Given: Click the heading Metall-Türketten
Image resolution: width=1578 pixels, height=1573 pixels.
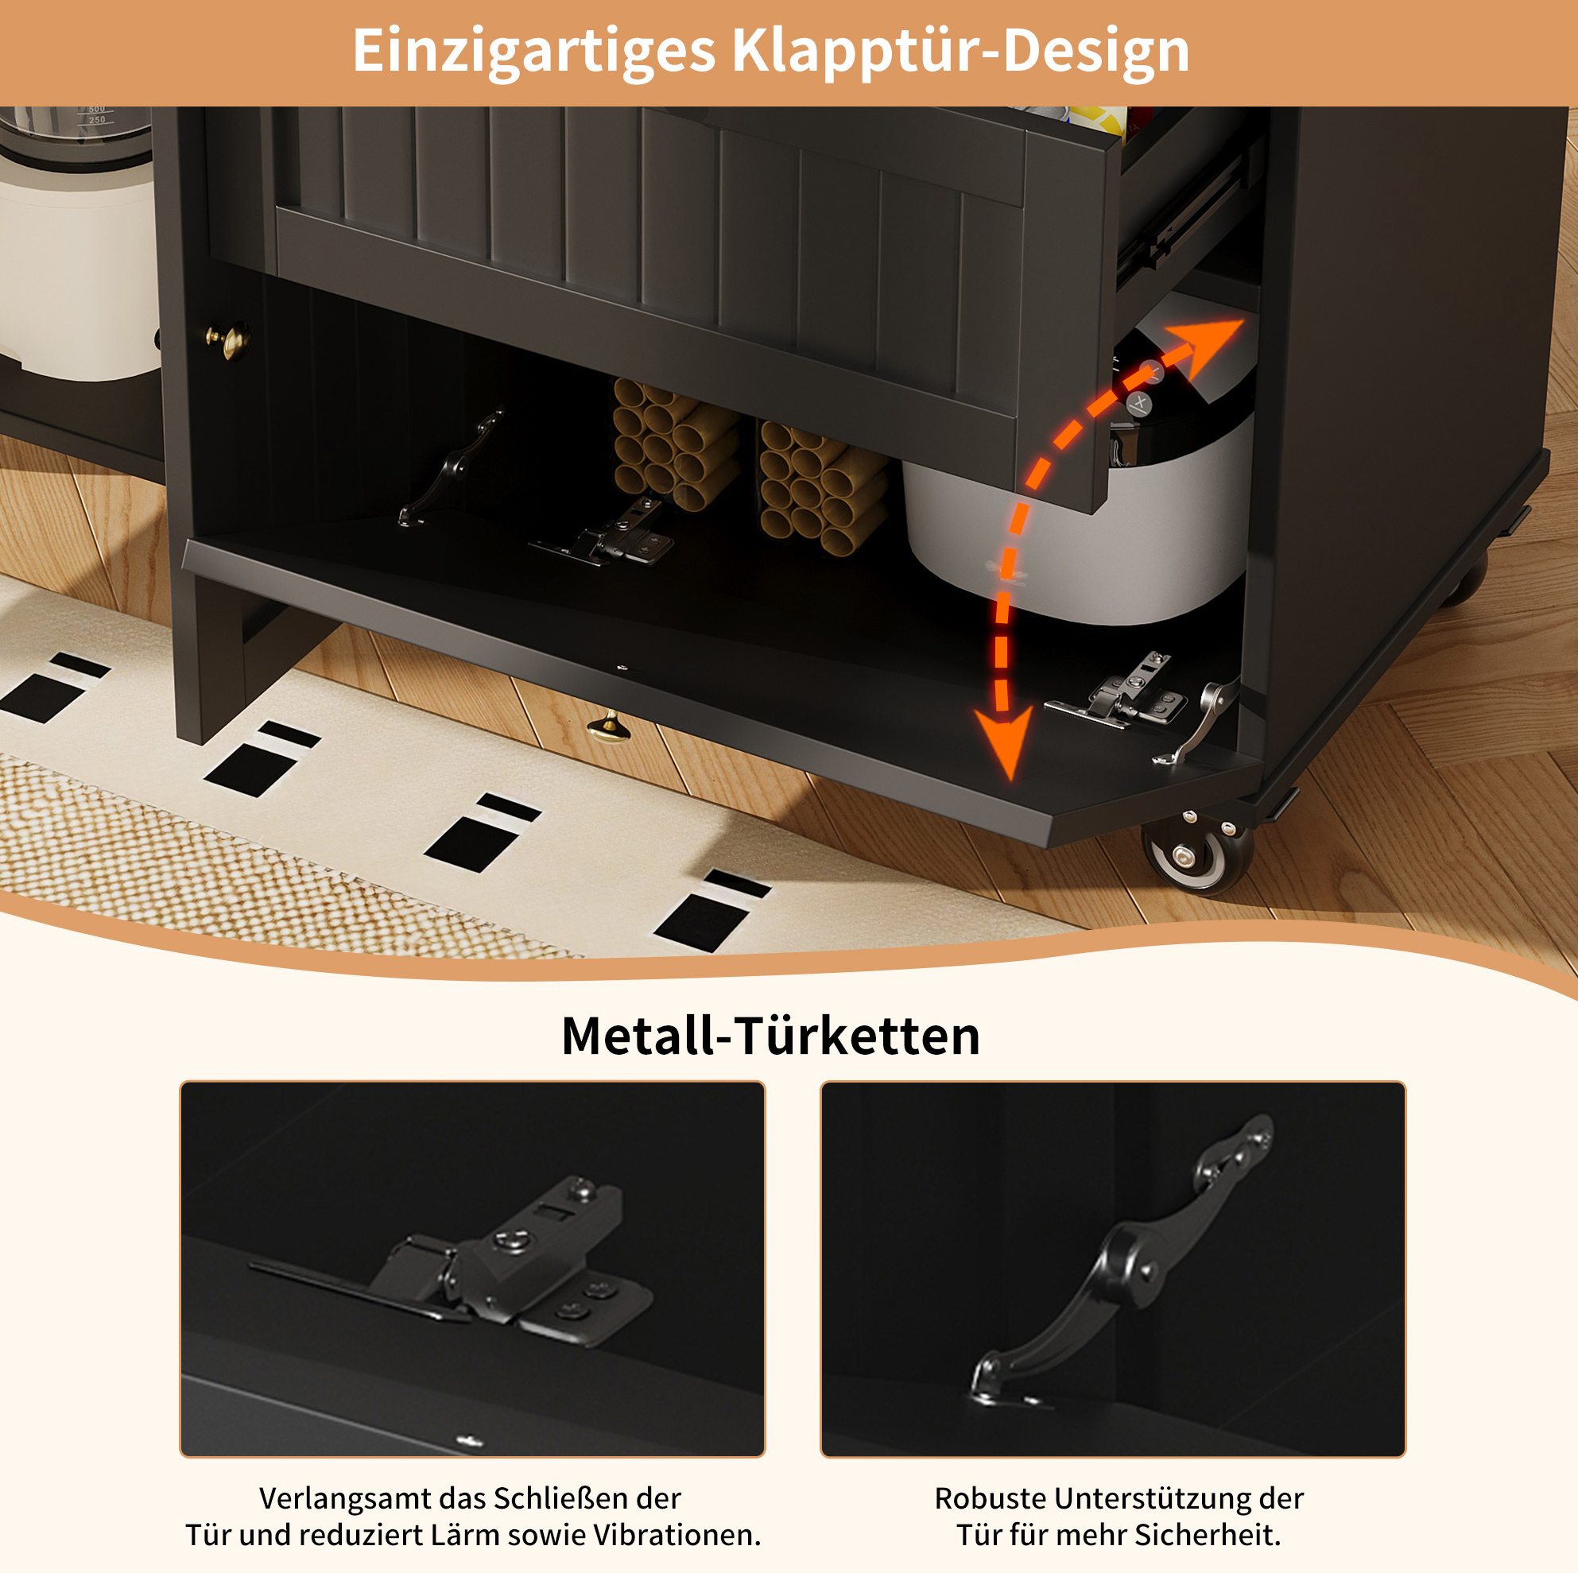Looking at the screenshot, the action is (x=770, y=1036).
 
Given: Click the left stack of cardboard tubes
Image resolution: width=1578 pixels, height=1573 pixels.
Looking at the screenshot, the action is (x=675, y=444).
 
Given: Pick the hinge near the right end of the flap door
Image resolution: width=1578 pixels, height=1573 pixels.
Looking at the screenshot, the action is (x=1117, y=691).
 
